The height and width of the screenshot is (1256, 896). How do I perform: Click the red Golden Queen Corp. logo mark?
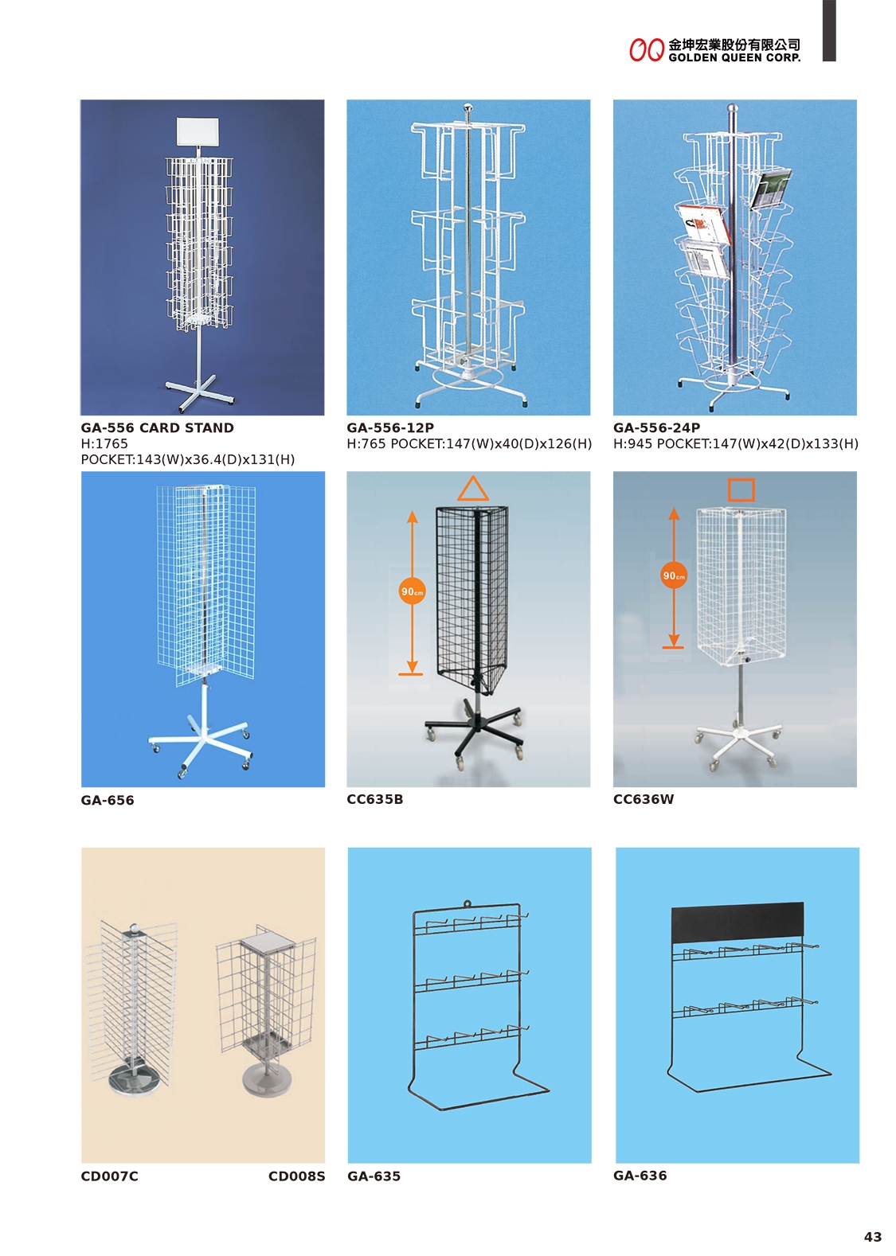coord(647,50)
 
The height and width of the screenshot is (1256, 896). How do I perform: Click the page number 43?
coord(872,1236)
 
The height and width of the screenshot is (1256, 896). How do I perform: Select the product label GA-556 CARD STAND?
coord(157,428)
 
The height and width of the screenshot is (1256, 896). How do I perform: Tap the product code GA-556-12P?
coord(390,428)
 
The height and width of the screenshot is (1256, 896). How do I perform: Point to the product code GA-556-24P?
coord(656,428)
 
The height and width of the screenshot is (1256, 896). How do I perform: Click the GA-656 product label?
coord(108,800)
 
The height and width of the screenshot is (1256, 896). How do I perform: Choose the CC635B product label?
coord(375,799)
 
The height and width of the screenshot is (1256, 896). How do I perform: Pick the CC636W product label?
coord(644,799)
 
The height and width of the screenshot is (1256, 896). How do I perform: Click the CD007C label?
coord(109,1176)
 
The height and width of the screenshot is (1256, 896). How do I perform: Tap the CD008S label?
coord(297,1176)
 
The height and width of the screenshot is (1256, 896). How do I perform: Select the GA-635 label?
coord(374,1176)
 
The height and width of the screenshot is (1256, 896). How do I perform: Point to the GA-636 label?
coord(640,1176)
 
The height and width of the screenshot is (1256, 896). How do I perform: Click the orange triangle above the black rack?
coord(472,489)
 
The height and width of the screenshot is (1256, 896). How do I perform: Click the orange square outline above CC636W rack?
coord(741,490)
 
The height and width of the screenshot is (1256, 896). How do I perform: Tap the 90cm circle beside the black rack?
coord(413,591)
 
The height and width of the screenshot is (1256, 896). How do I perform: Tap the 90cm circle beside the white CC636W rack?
coord(674,575)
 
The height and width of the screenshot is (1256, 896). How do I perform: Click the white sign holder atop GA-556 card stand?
coord(198,131)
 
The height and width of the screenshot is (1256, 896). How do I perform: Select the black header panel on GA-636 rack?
coord(738,922)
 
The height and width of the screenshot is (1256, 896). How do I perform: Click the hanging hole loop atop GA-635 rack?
coord(468,903)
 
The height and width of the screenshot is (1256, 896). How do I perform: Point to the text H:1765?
coord(104,443)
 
